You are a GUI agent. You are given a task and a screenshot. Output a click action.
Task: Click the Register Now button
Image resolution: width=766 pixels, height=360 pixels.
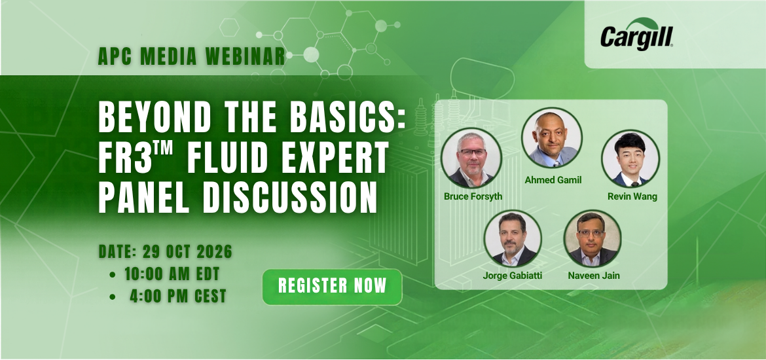(x=332, y=287)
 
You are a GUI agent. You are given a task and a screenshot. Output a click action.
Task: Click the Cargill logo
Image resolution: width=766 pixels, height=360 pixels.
(x=636, y=34)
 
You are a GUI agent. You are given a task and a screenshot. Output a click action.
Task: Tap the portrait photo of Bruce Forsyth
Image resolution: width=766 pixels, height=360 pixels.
(x=471, y=158)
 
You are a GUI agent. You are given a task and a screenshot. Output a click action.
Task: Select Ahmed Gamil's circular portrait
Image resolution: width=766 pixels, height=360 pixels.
(x=552, y=137)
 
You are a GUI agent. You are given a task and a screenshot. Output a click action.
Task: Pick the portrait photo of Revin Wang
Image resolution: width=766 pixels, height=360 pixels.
(x=630, y=159)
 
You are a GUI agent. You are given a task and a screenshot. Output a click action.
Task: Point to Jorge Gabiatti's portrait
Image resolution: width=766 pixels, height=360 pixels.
(x=513, y=239)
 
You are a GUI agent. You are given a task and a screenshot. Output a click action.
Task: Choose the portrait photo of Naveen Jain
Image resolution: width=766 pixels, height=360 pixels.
(x=593, y=239)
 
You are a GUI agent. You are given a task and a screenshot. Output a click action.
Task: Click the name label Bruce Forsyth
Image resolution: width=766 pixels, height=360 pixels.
(x=473, y=196)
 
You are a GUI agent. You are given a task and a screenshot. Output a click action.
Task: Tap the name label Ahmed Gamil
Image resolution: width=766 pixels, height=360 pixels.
(x=553, y=180)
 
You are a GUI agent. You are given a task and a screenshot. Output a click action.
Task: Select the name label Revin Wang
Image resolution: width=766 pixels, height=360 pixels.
(x=632, y=196)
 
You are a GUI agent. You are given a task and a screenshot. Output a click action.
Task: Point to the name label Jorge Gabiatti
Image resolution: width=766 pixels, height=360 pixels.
(x=513, y=276)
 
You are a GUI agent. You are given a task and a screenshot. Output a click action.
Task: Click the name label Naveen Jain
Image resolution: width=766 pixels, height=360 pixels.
(x=594, y=276)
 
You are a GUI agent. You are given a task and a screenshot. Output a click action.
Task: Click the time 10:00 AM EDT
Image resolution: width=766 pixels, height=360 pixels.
(x=172, y=274)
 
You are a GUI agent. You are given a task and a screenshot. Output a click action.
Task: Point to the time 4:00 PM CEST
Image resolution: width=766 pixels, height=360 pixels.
(x=178, y=296)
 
